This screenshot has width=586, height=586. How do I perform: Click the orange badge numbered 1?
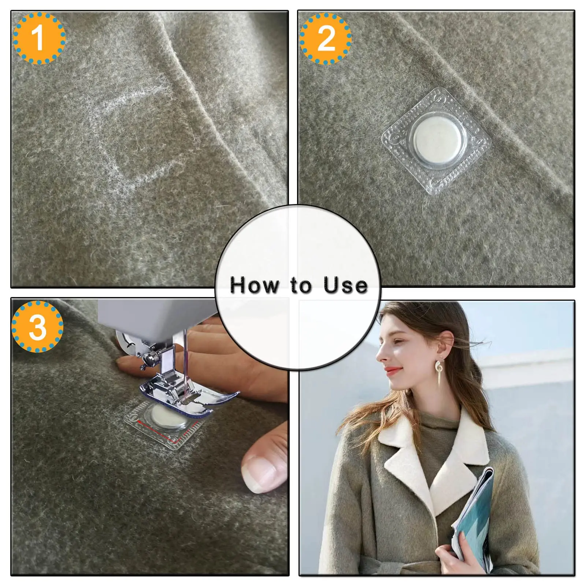(39, 38)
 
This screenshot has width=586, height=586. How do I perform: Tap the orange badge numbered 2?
(325, 38)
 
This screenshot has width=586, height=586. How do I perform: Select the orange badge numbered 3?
(38, 326)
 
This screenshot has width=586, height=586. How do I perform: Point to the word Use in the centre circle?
(345, 285)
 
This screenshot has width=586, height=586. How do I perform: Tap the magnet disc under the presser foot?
(167, 418)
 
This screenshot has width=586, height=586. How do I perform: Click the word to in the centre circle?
(301, 285)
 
